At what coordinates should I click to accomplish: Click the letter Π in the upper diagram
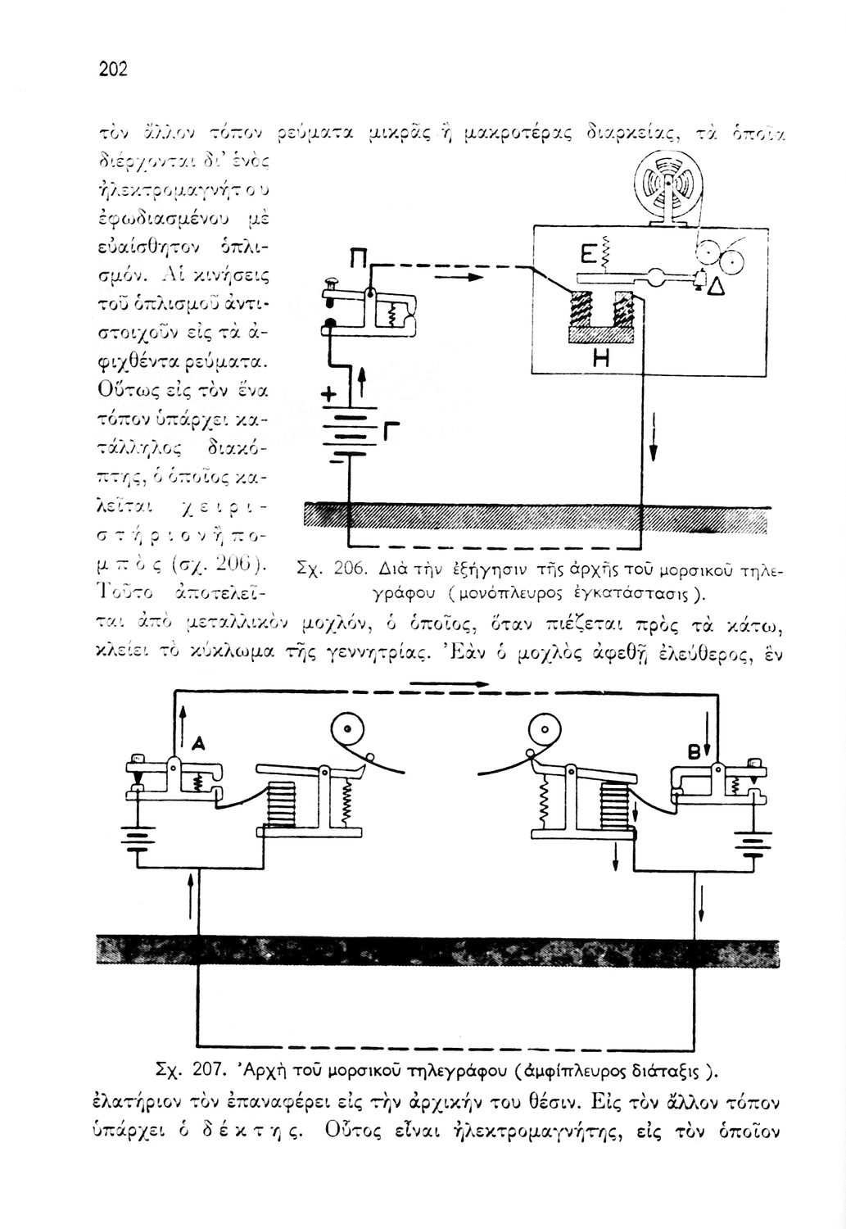click(357, 264)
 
